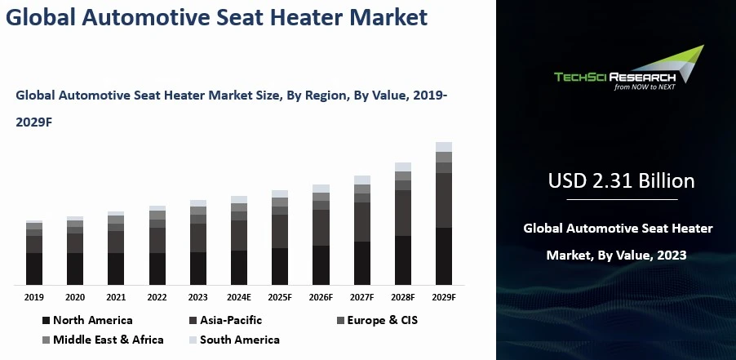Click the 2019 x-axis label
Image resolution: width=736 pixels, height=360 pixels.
coord(34,298)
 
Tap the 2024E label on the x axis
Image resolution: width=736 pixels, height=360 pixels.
coord(239,298)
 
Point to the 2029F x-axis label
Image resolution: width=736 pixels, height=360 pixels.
coord(444,298)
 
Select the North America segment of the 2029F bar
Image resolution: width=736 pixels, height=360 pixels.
coord(444,256)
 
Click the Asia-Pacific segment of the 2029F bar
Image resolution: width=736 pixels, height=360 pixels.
coord(444,201)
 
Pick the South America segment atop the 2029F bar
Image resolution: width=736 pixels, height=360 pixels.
coord(444,147)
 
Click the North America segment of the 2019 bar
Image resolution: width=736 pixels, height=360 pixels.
coord(34,269)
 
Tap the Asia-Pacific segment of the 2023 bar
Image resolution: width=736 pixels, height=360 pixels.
coord(198,238)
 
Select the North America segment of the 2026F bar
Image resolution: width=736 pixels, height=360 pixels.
coord(321,265)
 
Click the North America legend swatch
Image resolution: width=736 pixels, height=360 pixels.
coord(46,321)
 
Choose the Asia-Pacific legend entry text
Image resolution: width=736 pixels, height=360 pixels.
coord(231,320)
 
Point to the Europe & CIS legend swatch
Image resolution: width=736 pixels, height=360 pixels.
coord(341,321)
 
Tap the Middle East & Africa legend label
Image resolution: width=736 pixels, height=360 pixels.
coord(109,340)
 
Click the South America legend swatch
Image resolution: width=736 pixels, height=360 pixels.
coord(193,340)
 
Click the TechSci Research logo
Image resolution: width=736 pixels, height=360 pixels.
coord(629,68)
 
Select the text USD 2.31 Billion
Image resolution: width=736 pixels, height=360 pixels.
coord(622,181)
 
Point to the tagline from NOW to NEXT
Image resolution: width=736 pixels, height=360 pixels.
coord(645,87)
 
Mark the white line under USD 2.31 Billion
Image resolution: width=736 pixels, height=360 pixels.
coord(622,199)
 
